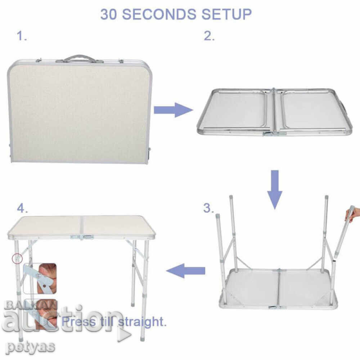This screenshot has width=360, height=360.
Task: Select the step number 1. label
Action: (22, 36)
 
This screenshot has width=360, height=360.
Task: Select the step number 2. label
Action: (209, 36)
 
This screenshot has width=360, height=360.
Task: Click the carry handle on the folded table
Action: (78, 58)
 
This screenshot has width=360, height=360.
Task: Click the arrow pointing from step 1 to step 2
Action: (173, 109)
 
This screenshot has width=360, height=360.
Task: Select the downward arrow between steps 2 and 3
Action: (275, 189)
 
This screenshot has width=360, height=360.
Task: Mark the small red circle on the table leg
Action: (17, 258)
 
